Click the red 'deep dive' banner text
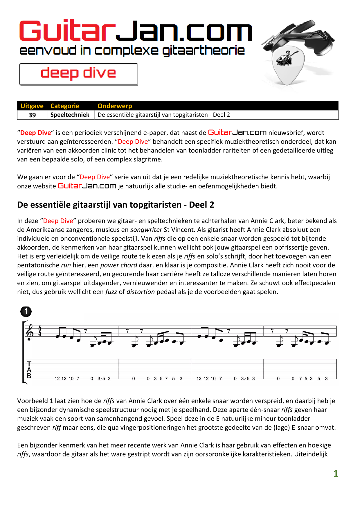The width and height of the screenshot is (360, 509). point(78,73)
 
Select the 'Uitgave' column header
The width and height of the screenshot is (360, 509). point(32,106)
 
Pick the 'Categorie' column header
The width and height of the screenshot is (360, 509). point(65,106)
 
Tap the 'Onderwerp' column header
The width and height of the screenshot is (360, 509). point(115,106)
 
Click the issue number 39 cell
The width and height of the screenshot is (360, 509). point(32,115)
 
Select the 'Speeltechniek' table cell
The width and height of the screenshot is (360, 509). point(70,115)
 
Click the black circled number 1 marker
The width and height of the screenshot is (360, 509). point(26,312)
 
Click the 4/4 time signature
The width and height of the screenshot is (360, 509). point(40,331)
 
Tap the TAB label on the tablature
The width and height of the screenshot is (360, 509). point(29,370)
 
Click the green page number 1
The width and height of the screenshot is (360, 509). point(336,474)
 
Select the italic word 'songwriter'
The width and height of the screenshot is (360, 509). point(146,230)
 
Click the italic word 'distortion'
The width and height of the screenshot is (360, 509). point(141,292)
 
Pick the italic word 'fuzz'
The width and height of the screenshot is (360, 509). point(111,292)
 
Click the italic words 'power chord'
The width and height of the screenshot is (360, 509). point(119,265)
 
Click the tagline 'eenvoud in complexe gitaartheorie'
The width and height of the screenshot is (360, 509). point(132,51)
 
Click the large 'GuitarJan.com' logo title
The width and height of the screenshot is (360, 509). point(136,31)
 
